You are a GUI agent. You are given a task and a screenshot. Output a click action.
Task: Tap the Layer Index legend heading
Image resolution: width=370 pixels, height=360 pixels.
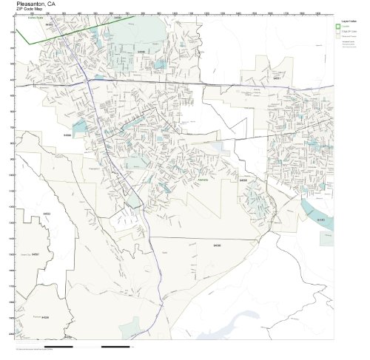(x=347, y=23)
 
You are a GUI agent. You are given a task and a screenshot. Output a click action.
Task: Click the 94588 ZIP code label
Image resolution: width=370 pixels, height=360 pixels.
(x=67, y=135)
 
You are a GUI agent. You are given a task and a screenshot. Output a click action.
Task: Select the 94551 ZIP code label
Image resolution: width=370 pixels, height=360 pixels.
(x=277, y=78)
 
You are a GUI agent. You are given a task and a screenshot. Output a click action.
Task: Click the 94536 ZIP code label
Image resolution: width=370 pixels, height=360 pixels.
(x=44, y=316)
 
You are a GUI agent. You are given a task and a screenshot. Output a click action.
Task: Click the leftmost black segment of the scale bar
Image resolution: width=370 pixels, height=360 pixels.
(x=58, y=345)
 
